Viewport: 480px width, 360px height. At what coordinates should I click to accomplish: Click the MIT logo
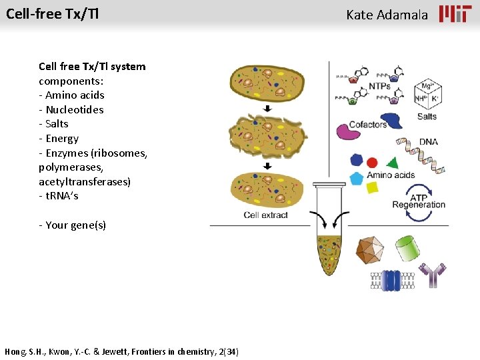(x=455, y=14)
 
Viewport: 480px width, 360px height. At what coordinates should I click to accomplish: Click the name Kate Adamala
(x=387, y=15)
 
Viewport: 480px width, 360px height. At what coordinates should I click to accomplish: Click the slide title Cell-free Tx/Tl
(x=52, y=13)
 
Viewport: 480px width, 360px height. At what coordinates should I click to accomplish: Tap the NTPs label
(x=379, y=87)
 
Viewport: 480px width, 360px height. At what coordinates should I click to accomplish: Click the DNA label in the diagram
(x=429, y=141)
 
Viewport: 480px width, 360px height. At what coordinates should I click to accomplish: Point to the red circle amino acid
(x=372, y=162)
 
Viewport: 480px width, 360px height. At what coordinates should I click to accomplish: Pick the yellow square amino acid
(x=373, y=187)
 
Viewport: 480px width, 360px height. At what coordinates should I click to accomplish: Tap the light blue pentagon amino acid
(x=357, y=178)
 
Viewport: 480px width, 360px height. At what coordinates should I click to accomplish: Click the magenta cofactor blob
(x=347, y=131)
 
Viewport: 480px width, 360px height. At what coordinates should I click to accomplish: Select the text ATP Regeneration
(x=419, y=201)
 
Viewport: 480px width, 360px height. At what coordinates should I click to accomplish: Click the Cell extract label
(x=265, y=215)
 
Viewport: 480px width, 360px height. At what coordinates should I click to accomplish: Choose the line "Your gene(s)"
(x=72, y=225)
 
